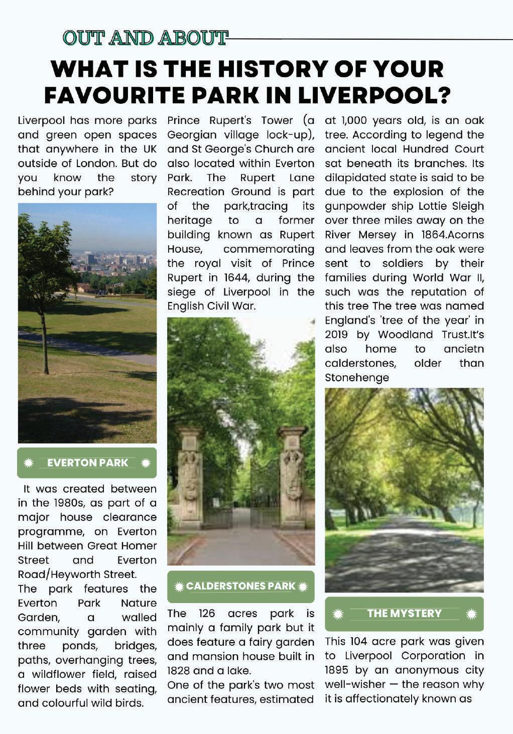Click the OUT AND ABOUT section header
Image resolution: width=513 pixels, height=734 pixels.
(x=145, y=38)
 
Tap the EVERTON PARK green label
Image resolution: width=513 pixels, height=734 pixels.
(x=87, y=463)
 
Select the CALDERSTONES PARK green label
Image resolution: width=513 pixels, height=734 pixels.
(x=241, y=586)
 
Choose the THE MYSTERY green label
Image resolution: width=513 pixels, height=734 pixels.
(x=404, y=613)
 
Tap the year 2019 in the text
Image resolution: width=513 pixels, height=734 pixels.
(x=336, y=335)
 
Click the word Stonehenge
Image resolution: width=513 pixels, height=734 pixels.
(x=356, y=377)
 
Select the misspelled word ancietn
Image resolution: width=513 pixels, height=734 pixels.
(x=464, y=349)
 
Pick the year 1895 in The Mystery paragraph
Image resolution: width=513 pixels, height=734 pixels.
(x=336, y=670)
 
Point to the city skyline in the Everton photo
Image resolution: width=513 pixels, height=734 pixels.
(x=115, y=261)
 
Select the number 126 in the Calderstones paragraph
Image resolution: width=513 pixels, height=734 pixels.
(x=206, y=614)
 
